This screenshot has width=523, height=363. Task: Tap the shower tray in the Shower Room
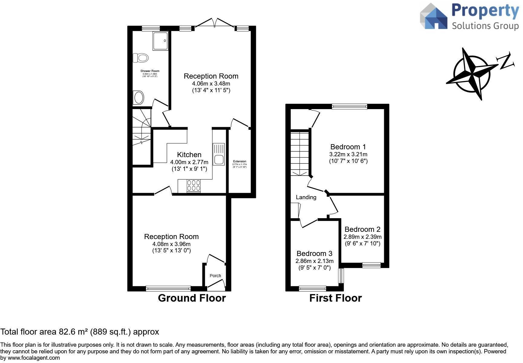click(160, 41)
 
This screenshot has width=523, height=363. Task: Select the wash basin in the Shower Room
click(139, 98)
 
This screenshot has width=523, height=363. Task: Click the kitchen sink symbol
click(218, 154)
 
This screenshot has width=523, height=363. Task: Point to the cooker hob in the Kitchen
click(194, 186)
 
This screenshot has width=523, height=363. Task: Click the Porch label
click(215, 276)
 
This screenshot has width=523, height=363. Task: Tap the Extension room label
click(240, 161)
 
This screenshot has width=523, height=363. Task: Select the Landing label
click(306, 197)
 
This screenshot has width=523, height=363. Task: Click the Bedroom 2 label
click(362, 229)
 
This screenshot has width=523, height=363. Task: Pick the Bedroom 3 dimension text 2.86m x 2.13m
click(315, 261)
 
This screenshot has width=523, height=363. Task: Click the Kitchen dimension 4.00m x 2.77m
click(189, 162)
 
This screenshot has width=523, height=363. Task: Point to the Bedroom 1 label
click(348, 147)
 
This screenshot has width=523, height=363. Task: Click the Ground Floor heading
click(192, 298)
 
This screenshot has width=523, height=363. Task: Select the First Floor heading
click(335, 298)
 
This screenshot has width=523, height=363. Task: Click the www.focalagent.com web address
click(34, 358)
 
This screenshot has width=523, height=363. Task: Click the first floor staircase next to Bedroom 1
click(300, 153)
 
